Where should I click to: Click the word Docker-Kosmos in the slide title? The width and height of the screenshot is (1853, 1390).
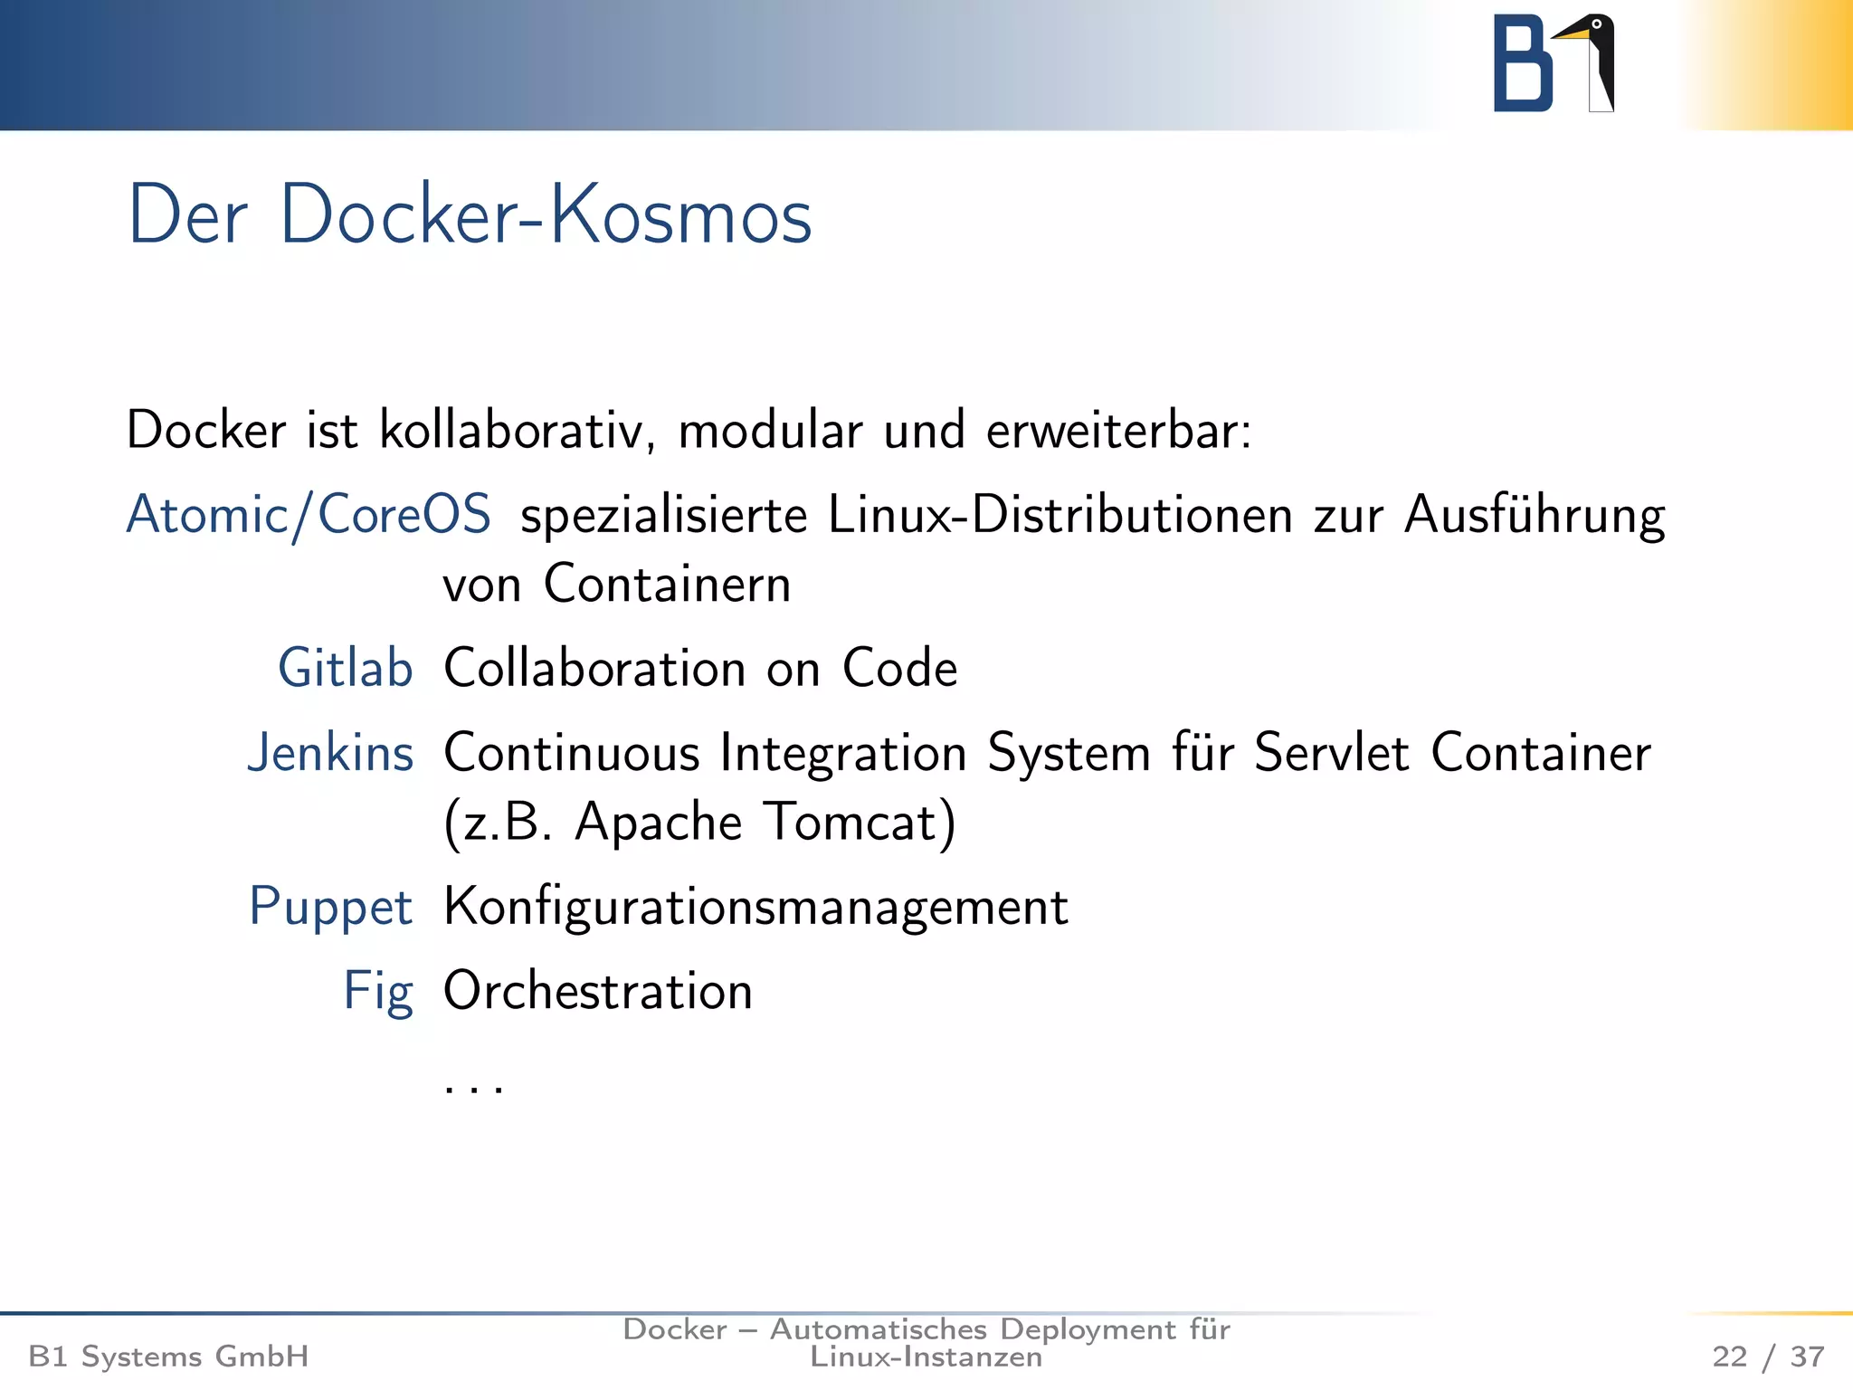point(546,215)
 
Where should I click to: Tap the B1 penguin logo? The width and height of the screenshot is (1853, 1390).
point(1553,63)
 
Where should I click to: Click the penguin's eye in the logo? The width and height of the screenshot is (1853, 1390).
point(1596,24)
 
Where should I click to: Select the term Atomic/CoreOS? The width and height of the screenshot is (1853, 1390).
point(309,514)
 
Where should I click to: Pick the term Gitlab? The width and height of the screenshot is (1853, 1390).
point(346,668)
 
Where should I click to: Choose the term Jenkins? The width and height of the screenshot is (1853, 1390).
point(331,752)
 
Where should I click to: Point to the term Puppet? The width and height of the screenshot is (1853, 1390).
point(331,906)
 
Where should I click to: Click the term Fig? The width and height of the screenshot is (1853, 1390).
point(378,991)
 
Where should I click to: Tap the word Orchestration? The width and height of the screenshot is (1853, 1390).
point(598,991)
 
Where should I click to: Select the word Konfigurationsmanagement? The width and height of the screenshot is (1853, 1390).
point(756,906)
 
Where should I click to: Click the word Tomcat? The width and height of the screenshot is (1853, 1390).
point(860,822)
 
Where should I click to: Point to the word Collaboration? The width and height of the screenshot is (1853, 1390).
point(594,668)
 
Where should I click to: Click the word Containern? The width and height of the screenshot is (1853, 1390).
point(667,584)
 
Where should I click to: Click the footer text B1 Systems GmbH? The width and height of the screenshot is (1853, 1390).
point(168,1357)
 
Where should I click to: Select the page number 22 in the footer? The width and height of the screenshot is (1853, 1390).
point(1729,1357)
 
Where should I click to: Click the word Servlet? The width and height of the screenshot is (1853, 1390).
point(1331,752)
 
